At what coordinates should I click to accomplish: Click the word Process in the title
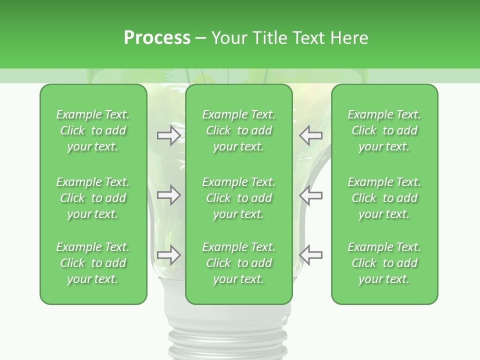pyautogui.click(x=157, y=38)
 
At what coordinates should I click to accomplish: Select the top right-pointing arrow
pyautogui.click(x=169, y=135)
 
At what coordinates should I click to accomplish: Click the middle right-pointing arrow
pyautogui.click(x=169, y=195)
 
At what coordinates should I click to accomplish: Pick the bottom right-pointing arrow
pyautogui.click(x=169, y=255)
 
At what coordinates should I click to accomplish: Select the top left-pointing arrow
pyautogui.click(x=311, y=135)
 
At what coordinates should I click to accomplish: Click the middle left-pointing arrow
pyautogui.click(x=311, y=195)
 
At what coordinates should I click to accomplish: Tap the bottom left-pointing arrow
pyautogui.click(x=311, y=255)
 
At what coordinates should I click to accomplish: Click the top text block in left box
pyautogui.click(x=93, y=130)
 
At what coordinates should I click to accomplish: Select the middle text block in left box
pyautogui.click(x=93, y=198)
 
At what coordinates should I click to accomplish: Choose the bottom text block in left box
pyautogui.click(x=93, y=263)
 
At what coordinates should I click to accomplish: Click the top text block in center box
pyautogui.click(x=238, y=130)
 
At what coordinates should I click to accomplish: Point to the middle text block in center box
pyautogui.click(x=238, y=198)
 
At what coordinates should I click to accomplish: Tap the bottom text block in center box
pyautogui.click(x=238, y=263)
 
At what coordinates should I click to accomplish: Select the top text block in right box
pyautogui.click(x=384, y=130)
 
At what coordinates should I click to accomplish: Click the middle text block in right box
pyautogui.click(x=384, y=198)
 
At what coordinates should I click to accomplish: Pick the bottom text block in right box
pyautogui.click(x=384, y=263)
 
